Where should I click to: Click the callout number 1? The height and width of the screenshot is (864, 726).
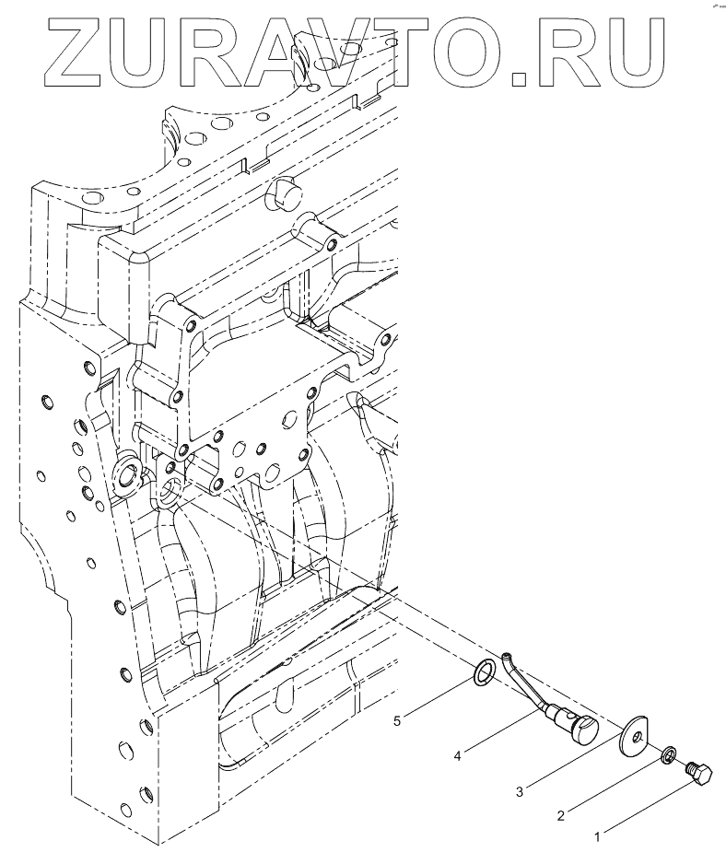(x=597, y=837)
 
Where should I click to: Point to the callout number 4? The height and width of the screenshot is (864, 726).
(x=457, y=756)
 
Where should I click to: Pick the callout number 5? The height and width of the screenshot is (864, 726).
(x=397, y=720)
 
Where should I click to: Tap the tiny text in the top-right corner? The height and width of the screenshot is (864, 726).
(x=716, y=5)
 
